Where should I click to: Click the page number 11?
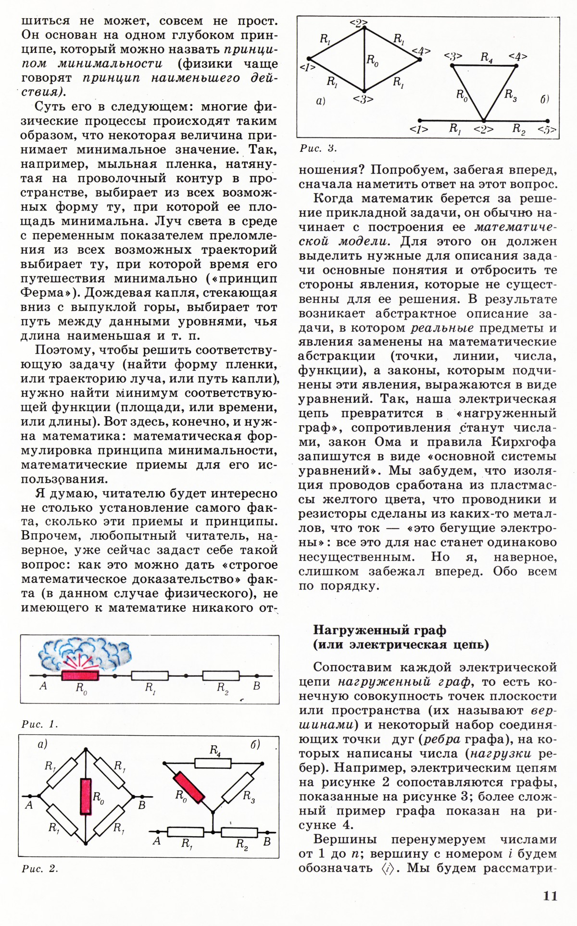[x=550, y=896]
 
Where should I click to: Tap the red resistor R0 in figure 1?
[x=80, y=675]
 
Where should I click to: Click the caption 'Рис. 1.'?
[x=39, y=724]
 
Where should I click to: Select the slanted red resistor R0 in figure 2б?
[x=189, y=788]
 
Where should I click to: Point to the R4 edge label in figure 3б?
[x=487, y=58]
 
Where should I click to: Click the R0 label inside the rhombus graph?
[x=372, y=60]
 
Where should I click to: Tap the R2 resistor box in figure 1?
[x=221, y=676]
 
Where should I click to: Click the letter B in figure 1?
[x=257, y=686]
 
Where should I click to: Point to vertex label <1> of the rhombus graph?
[x=307, y=67]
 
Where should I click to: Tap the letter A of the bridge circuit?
[x=29, y=805]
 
